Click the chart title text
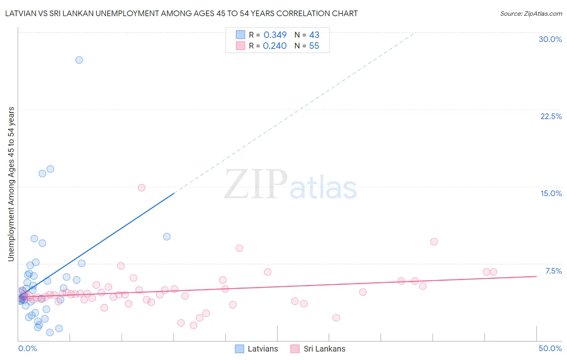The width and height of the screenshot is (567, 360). [181, 14]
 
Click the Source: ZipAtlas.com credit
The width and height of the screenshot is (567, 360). [531, 14]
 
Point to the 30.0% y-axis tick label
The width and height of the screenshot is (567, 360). [550, 39]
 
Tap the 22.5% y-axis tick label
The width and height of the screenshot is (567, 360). [551, 116]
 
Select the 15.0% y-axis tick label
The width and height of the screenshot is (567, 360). [551, 193]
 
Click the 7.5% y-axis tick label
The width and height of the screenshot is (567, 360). [553, 271]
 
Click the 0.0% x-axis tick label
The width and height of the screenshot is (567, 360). [27, 348]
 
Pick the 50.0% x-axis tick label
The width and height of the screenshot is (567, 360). [550, 348]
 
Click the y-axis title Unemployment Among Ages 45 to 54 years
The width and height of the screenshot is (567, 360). [11, 184]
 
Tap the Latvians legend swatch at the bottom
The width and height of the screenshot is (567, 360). [240, 349]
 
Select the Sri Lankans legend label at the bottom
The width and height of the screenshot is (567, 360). [324, 349]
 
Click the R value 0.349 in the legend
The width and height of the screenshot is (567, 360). [275, 35]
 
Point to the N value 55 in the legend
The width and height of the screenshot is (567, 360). [314, 46]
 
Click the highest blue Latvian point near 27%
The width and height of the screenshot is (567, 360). [79, 60]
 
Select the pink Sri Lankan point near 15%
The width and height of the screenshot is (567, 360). [142, 188]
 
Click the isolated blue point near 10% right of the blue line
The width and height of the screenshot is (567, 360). [167, 237]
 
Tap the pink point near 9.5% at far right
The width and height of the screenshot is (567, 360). [434, 242]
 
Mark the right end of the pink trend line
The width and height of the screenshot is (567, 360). [536, 276]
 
